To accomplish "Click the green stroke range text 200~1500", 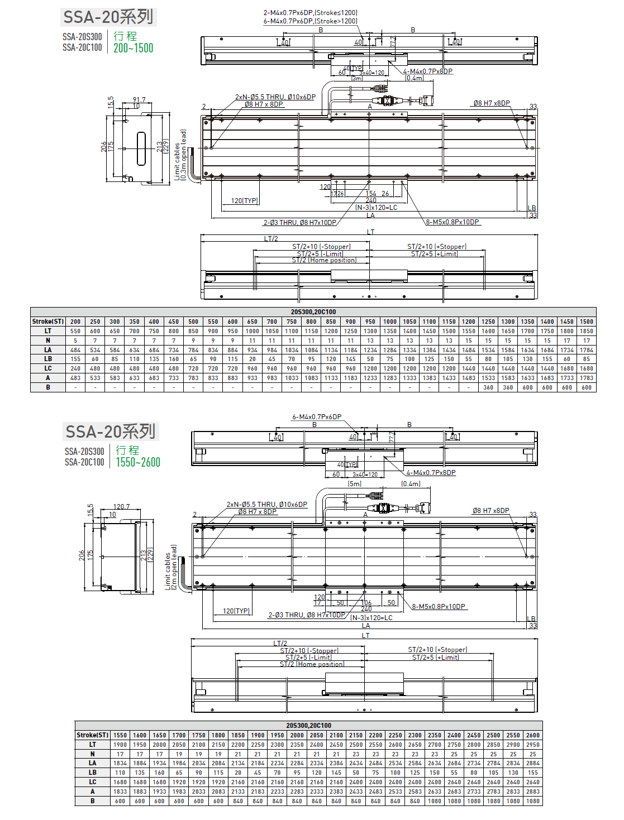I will (133, 49).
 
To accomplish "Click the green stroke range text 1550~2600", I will (138, 463).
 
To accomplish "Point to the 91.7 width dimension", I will (139, 100).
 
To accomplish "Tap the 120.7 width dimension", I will (121, 507).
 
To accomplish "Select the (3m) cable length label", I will (357, 79).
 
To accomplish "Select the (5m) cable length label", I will (355, 484).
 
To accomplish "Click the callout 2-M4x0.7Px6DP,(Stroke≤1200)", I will (310, 13).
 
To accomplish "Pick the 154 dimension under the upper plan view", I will (371, 194).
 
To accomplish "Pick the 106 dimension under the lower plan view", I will (366, 603).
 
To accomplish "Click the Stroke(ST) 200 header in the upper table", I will (75, 322).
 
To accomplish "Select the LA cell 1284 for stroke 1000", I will (390, 350).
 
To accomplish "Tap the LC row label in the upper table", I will (48, 368).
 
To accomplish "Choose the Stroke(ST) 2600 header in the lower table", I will (532, 735).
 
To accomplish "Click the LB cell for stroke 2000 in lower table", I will (297, 773).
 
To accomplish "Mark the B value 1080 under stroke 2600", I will (532, 801).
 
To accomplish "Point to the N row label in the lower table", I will (93, 754).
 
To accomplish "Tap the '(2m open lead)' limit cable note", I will (174, 567).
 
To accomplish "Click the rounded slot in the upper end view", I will (141, 149).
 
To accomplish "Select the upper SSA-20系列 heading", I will (108, 17).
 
